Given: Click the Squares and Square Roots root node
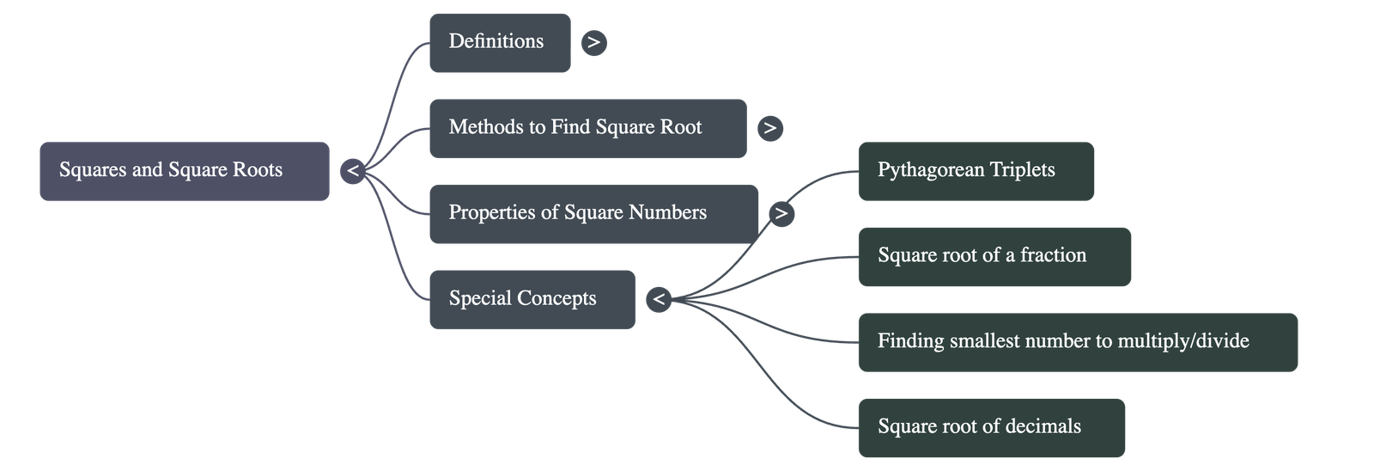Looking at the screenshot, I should [184, 171].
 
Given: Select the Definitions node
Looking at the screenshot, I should [499, 42].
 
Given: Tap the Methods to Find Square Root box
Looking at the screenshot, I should [587, 128].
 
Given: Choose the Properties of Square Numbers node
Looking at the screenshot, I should [593, 213].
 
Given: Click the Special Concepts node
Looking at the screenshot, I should [532, 299].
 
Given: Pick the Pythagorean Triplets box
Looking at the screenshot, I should [976, 170].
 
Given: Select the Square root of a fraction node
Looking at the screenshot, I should [994, 255].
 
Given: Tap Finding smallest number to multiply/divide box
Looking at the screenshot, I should [1077, 341].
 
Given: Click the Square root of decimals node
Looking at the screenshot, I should [991, 426].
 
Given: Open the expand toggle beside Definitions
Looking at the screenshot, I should [593, 42].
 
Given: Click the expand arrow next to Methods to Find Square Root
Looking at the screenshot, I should [769, 128].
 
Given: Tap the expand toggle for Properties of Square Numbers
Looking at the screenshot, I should [781, 213].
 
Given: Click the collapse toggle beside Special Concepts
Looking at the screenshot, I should [658, 299].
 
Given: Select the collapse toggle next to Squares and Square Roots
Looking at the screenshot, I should [352, 171].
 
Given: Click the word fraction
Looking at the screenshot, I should [1053, 255].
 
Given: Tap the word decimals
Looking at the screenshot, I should [1043, 426].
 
